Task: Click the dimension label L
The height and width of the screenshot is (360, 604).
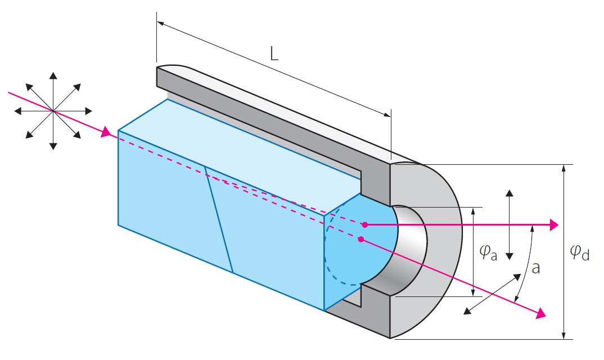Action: [x=274, y=54]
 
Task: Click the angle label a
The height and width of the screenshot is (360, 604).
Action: [x=536, y=268]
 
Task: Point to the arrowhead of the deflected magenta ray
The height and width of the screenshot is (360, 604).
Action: [x=541, y=314]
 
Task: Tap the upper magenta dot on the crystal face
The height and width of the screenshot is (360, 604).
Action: [x=364, y=224]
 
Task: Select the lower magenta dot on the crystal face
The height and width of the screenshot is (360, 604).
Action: [x=360, y=238]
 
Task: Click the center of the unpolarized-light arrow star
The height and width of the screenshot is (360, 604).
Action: [x=53, y=111]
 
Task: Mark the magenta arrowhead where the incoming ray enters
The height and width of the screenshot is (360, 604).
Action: [x=106, y=133]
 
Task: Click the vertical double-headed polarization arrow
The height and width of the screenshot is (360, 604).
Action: [x=509, y=224]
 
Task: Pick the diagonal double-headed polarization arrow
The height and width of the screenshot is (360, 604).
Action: [x=492, y=292]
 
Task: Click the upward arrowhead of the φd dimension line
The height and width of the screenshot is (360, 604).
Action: [x=564, y=169]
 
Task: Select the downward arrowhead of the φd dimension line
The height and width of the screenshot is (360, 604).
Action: [x=564, y=335]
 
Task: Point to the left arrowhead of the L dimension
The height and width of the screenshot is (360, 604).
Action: [x=161, y=24]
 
